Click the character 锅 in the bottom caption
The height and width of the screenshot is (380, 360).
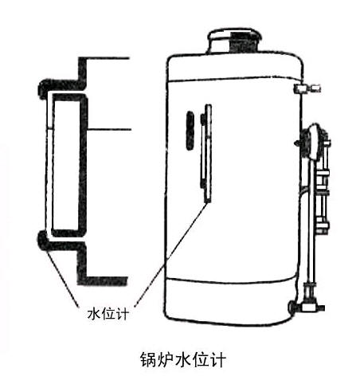pos(148,359)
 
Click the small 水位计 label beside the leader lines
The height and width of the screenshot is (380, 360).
pos(108,314)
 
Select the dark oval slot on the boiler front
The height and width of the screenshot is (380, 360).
pos(190,131)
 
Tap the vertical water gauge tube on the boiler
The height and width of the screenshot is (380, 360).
pos(206,153)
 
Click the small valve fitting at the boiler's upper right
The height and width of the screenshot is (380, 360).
pos(307,88)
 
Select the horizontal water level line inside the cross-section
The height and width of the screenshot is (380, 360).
pos(109,130)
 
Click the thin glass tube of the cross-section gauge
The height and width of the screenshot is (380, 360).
pos(49,165)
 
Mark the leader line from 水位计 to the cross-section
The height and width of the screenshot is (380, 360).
pos(63,278)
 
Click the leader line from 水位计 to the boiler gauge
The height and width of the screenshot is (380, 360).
pos(170,254)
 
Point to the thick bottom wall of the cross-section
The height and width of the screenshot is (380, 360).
pos(103,280)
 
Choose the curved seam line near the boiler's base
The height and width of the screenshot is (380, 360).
pos(232,280)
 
